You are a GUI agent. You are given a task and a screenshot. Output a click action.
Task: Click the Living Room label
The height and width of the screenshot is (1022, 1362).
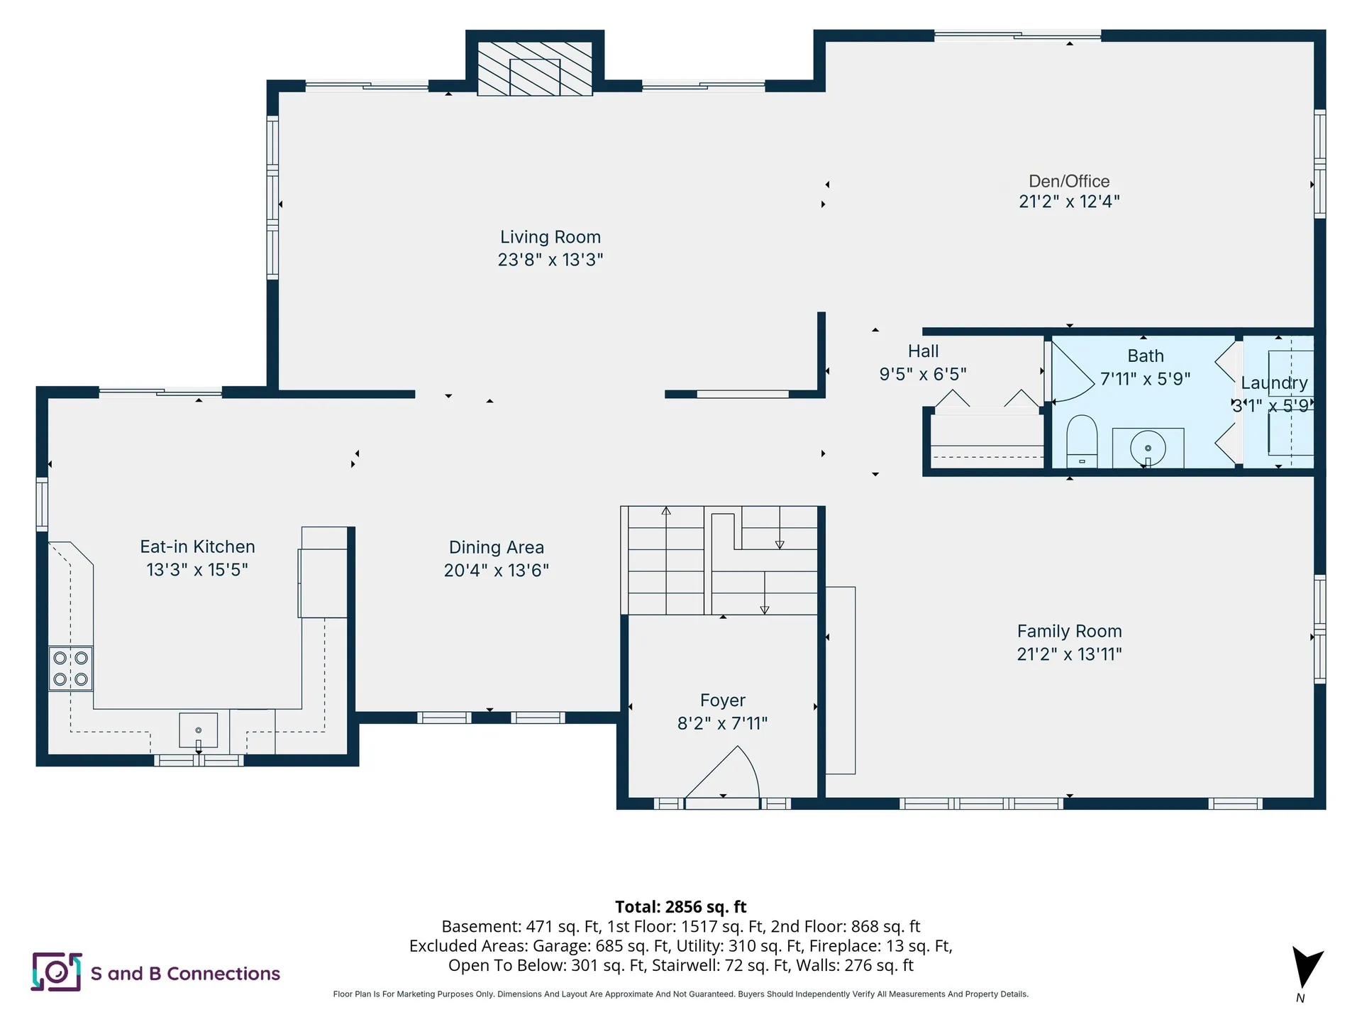point(550,237)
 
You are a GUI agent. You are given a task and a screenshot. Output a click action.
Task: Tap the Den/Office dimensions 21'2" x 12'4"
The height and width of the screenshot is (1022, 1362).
point(1069,202)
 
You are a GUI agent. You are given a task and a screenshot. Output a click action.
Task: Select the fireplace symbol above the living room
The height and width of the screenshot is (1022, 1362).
point(535,69)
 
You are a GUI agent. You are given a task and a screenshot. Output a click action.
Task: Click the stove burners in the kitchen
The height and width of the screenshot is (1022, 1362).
point(71,669)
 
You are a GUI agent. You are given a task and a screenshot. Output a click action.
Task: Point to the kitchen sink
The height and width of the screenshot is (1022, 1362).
point(199,730)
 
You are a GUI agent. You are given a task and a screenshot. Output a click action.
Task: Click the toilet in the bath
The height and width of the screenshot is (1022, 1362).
point(1082,441)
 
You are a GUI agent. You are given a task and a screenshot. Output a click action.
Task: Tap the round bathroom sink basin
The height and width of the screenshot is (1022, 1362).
point(1148,449)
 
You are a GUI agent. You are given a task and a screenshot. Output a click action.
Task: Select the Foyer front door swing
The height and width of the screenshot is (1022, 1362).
point(723,774)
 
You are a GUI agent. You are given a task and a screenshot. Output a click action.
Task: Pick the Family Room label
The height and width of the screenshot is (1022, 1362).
point(1069,631)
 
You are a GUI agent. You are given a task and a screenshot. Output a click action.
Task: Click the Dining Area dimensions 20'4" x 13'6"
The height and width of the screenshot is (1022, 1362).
point(497,571)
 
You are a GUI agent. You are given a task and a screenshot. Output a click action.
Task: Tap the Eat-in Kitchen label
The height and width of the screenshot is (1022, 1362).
point(197,546)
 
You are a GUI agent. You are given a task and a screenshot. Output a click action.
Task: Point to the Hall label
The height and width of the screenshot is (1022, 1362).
point(923,351)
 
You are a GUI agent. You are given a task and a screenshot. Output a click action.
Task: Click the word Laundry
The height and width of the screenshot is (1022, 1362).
point(1274,383)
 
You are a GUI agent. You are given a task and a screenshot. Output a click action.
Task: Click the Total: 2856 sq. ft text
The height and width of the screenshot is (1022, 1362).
point(680,907)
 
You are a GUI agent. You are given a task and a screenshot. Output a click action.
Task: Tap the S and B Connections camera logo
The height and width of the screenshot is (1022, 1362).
point(56,972)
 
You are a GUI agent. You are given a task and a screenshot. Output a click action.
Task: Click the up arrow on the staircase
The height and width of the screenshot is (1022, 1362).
point(666,560)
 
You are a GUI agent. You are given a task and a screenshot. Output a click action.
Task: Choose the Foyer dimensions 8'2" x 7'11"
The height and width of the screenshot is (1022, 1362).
point(722,723)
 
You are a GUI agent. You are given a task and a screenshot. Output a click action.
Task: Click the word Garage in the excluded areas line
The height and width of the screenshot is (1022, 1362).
point(558,947)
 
